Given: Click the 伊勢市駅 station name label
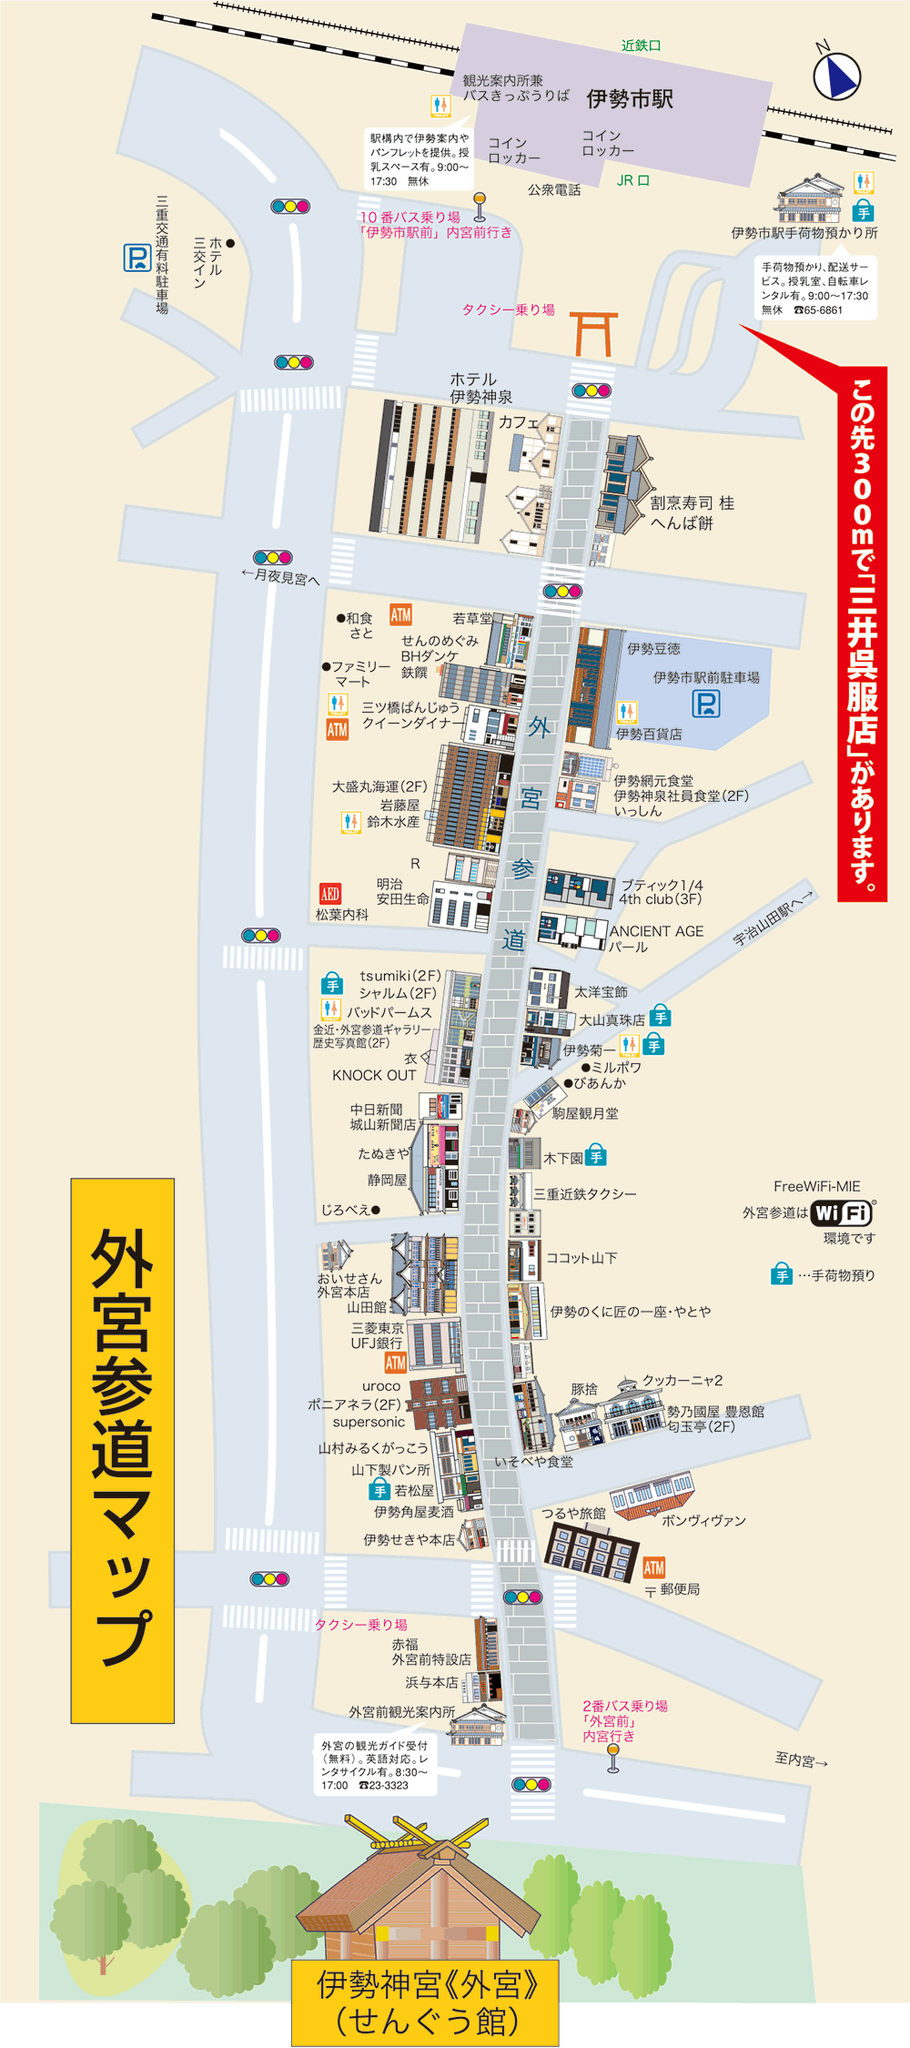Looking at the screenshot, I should (x=630, y=98).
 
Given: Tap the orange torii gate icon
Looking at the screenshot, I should (x=593, y=333).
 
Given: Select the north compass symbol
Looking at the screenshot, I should (x=836, y=75).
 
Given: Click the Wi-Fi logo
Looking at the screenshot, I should (x=843, y=1213).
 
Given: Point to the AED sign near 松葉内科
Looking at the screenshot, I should (x=329, y=894).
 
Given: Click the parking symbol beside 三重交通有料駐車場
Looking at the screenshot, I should (x=136, y=258).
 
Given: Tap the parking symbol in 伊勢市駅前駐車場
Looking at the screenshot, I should (x=706, y=704).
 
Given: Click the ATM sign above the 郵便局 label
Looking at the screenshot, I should (x=653, y=1567).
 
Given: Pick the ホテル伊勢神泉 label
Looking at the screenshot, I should (x=480, y=388).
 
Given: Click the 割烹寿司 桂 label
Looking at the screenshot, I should (x=692, y=503).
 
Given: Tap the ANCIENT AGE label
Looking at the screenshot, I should (x=656, y=931).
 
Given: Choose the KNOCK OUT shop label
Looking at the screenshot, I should (x=374, y=1075).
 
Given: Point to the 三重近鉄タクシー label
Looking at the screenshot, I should (x=585, y=1193).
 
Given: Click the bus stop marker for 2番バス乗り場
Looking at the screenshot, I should (x=612, y=1762).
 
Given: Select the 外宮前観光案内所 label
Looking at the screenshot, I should (x=401, y=1712).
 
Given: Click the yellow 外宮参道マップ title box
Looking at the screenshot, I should (x=123, y=1450).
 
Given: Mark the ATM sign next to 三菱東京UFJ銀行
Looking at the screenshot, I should (x=395, y=1363).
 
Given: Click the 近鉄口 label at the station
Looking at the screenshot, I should (x=641, y=46).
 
